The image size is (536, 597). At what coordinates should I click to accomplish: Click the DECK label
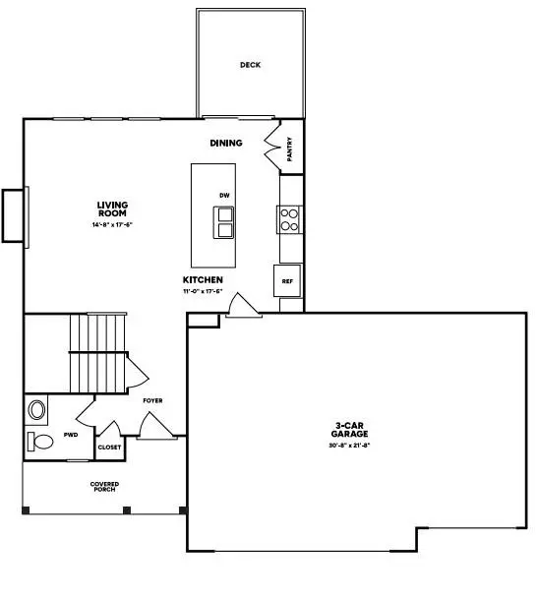coord(250,66)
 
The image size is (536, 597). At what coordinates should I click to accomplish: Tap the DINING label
coord(226,144)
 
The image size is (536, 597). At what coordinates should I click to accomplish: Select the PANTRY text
coord(290,149)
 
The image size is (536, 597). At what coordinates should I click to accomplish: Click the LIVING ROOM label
coord(112,209)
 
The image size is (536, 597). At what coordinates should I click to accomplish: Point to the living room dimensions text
coord(112,225)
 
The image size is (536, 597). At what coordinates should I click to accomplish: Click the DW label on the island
coord(224,196)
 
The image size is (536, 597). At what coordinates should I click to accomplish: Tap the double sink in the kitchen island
coord(226,222)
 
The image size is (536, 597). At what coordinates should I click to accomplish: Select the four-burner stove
coord(289,218)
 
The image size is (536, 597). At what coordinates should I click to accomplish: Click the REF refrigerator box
coord(287,281)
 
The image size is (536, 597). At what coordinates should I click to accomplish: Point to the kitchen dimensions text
coord(203,291)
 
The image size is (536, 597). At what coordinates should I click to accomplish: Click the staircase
coord(98,352)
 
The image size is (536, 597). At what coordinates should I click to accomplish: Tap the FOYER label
coord(152,401)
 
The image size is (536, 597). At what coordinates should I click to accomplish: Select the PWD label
coord(71,434)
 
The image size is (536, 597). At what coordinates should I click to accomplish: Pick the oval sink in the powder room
coord(38,408)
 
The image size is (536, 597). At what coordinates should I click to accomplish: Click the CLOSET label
coord(109,447)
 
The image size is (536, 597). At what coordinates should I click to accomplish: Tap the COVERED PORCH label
coord(104,487)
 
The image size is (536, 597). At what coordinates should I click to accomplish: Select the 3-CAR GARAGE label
coord(350,431)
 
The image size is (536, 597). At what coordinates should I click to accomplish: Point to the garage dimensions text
coord(350,446)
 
